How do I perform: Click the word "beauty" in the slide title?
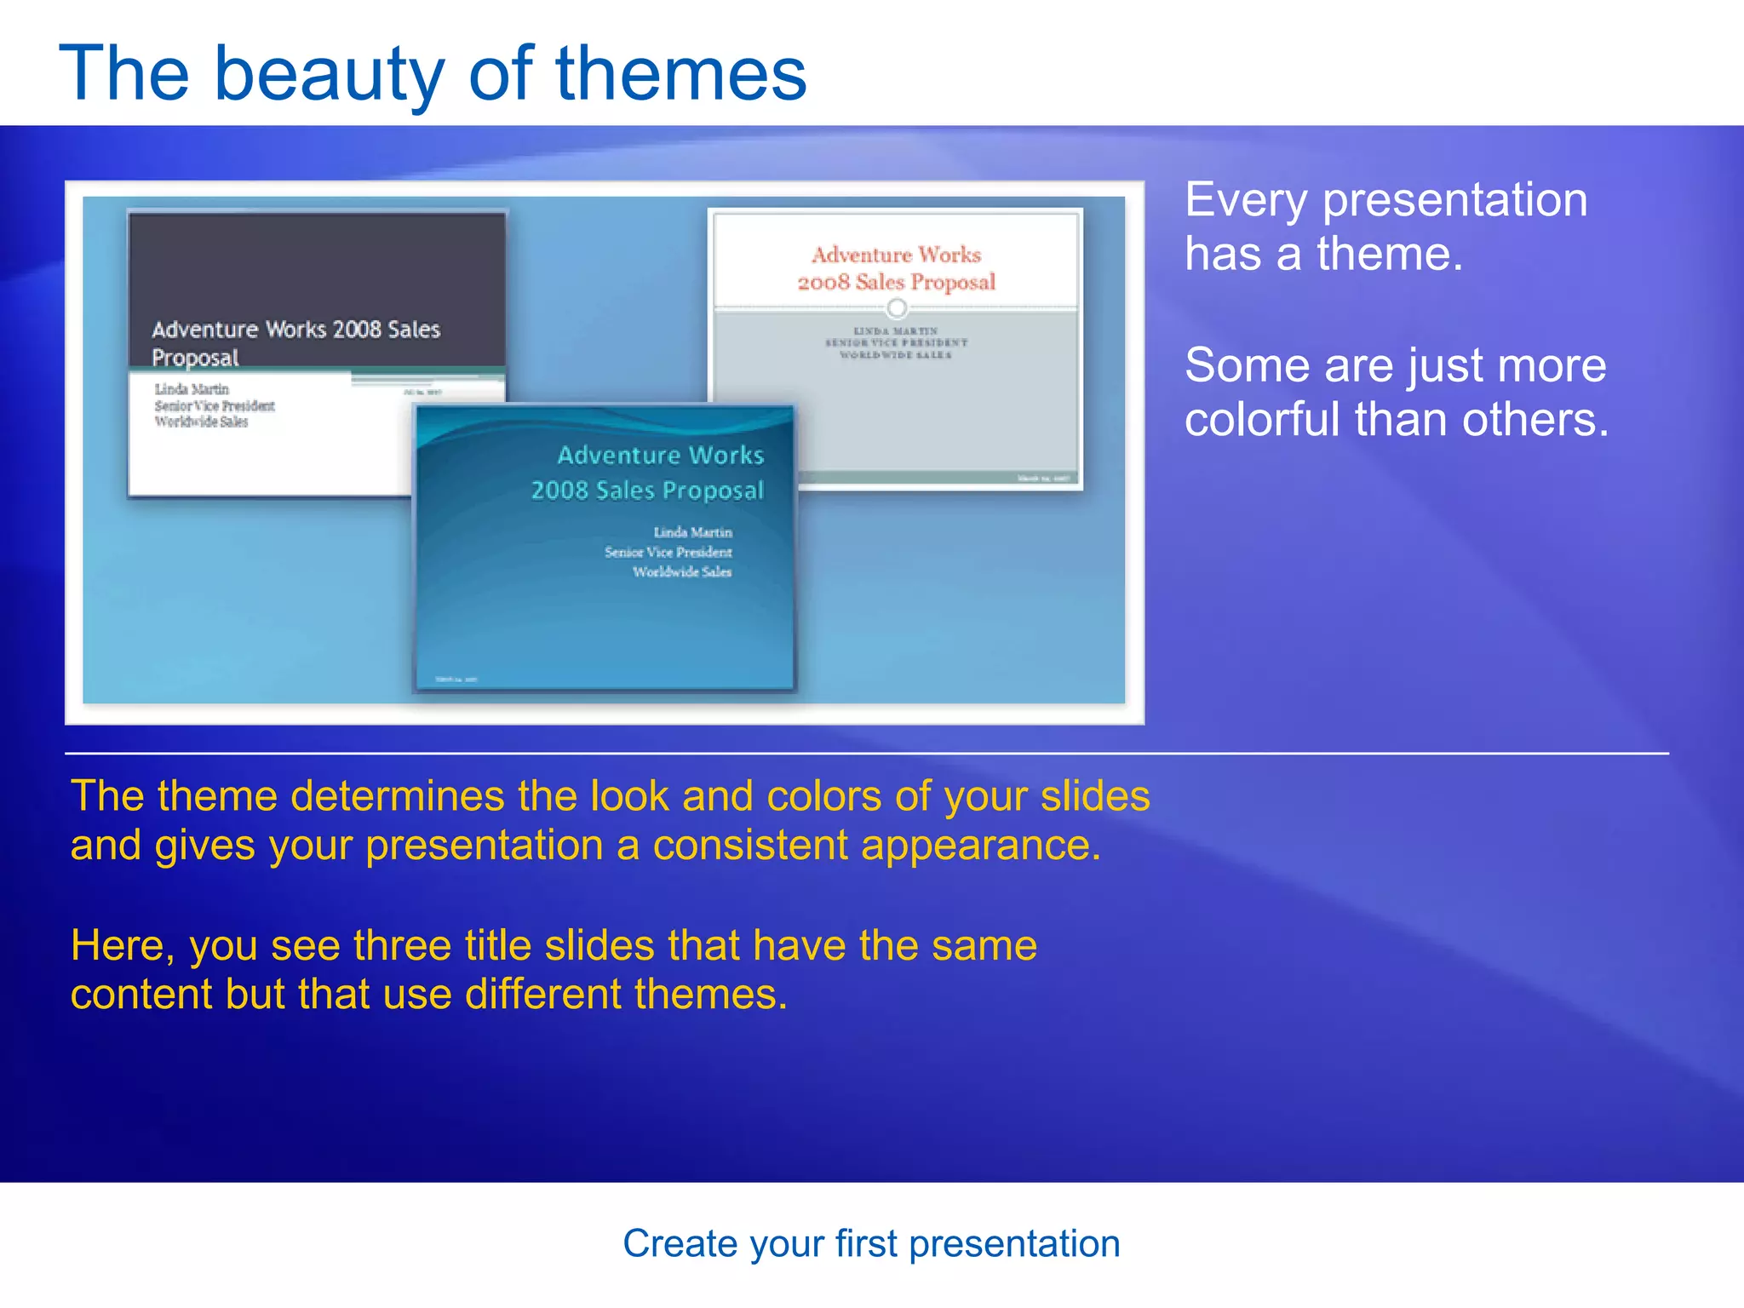tap(329, 75)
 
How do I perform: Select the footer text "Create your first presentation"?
tap(871, 1244)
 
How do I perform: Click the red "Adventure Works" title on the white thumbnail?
tap(896, 255)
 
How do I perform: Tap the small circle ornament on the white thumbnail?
tap(897, 307)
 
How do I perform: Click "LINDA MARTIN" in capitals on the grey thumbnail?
tap(896, 330)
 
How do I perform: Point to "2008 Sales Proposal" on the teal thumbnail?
tap(647, 490)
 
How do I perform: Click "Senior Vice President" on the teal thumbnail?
tap(668, 552)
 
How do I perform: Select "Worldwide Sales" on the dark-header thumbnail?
tap(201, 422)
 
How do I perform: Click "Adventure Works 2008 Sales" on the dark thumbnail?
tap(295, 330)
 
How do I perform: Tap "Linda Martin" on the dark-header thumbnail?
tap(192, 389)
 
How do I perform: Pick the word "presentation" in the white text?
tap(1454, 200)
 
